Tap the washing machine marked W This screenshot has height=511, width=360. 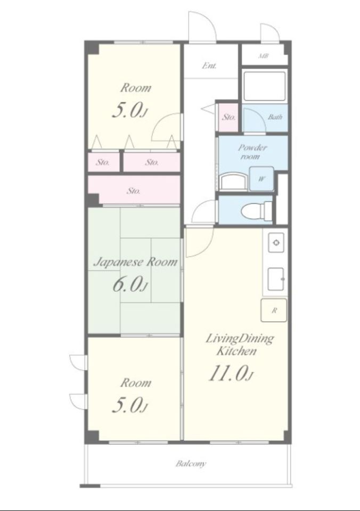coord(261,179)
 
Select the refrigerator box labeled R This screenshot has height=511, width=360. coord(274,310)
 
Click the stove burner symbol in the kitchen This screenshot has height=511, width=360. coord(276,243)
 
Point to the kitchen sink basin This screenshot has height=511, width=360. coord(276,279)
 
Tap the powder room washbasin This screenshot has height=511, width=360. coord(233,182)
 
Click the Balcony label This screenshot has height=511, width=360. coord(191,464)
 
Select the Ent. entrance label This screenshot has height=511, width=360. coord(209,65)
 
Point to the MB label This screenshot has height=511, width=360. coord(264,56)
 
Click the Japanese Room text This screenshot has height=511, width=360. coord(136,262)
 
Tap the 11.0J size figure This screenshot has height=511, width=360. coord(231,373)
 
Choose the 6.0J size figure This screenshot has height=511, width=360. coord(130,284)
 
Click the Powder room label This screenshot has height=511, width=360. coord(252,152)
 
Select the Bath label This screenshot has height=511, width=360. coord(275,117)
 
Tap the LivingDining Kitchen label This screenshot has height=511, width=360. coord(239,344)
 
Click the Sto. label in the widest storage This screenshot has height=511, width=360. coord(133,191)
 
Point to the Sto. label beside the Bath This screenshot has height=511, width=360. coord(228,117)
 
